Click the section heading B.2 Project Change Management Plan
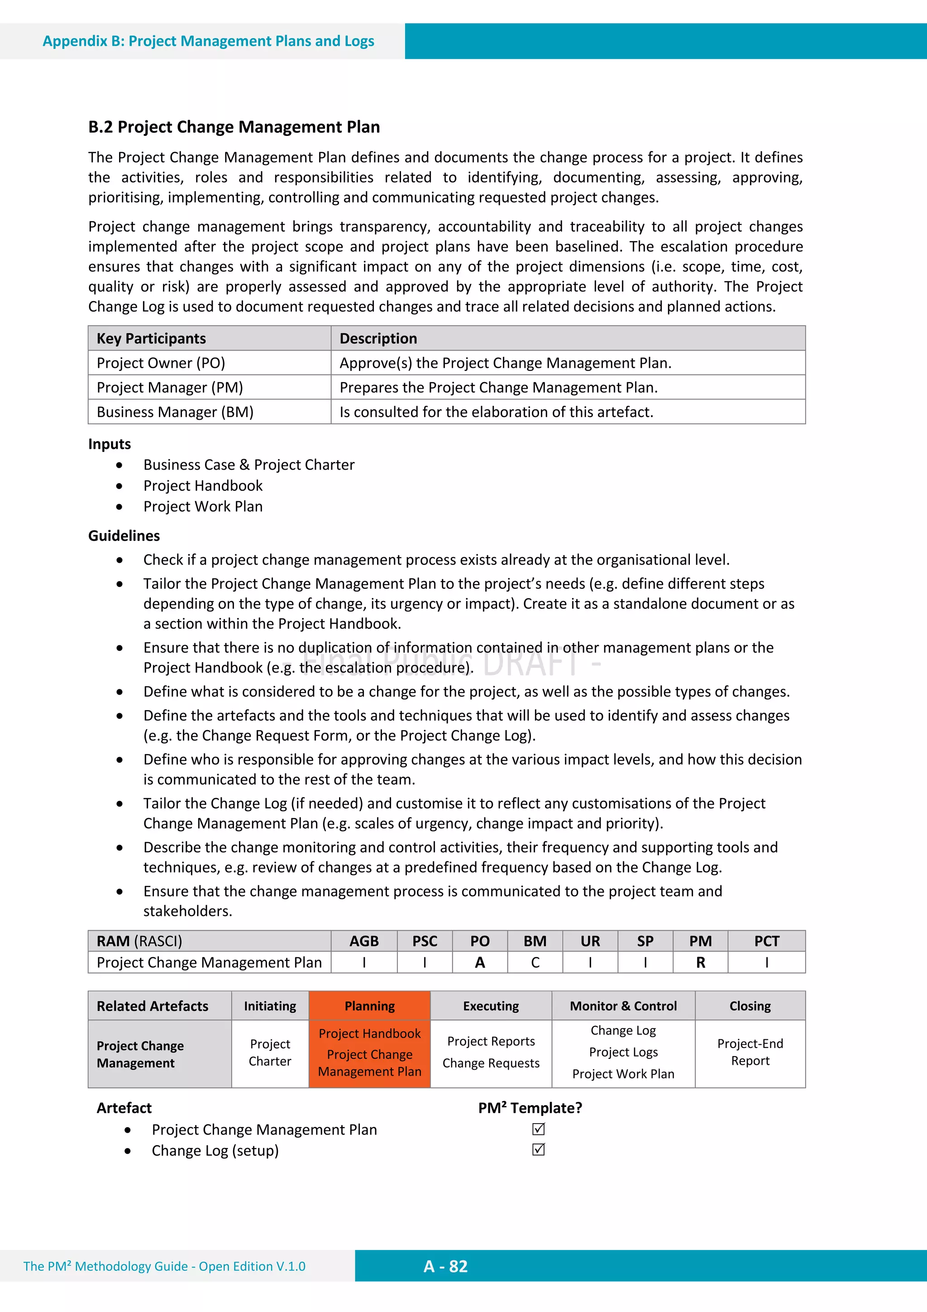234,127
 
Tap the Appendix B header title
209,41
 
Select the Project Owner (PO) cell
161,363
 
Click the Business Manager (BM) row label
175,412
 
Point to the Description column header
378,338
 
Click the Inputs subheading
109,444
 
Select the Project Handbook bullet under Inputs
203,485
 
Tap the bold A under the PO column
480,963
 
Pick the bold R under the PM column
700,963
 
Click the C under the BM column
535,963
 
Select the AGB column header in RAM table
364,941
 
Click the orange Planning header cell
369,1006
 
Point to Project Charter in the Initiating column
270,1052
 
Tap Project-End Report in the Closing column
750,1052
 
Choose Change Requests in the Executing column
491,1063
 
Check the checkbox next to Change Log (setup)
538,1150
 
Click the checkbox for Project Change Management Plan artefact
538,1129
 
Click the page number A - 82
445,1266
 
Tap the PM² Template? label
530,1108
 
